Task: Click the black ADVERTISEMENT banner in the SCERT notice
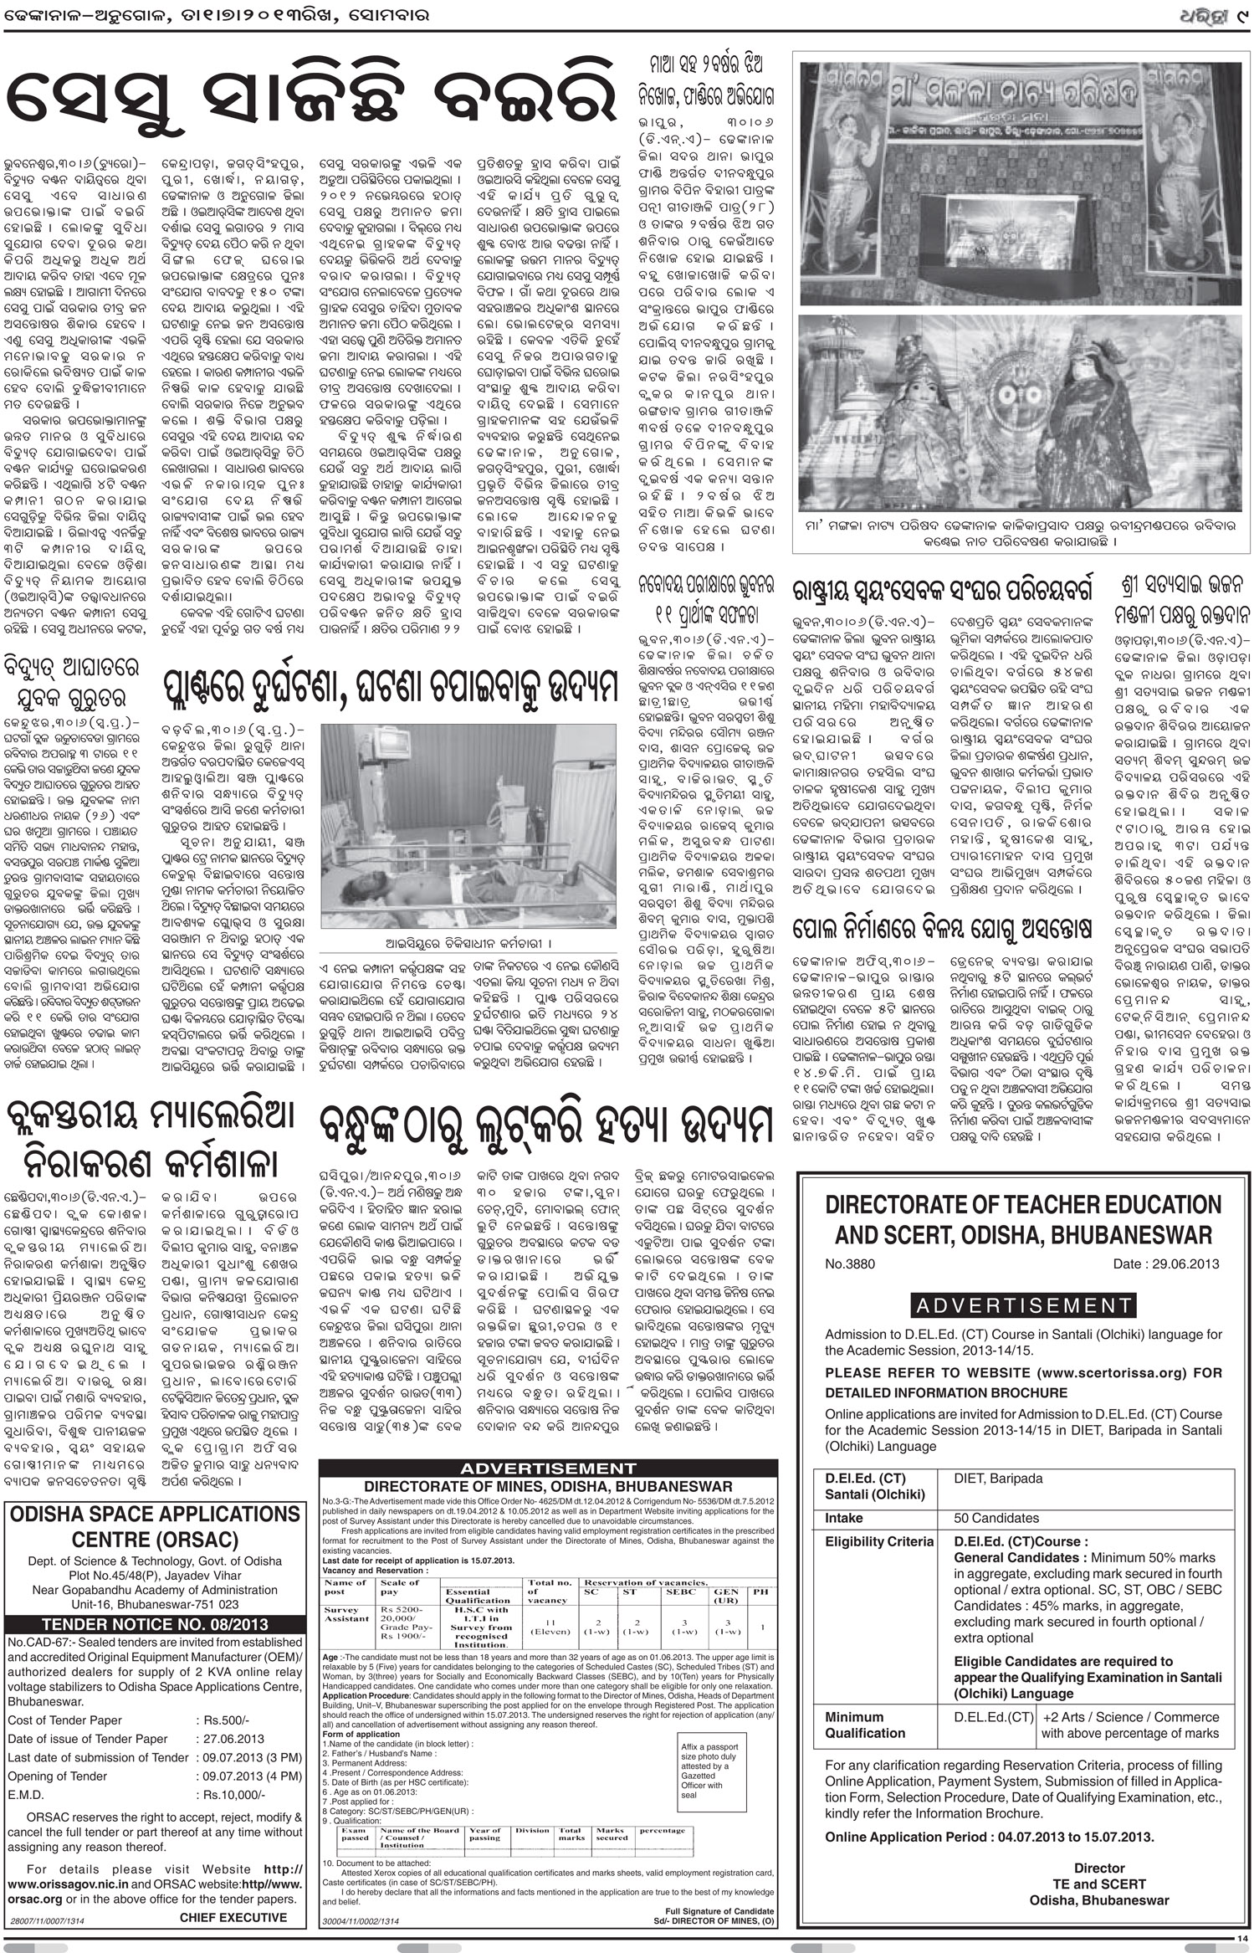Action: [x=1023, y=1305]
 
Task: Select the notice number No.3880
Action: [x=853, y=1264]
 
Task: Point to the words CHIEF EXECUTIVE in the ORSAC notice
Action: [x=233, y=1910]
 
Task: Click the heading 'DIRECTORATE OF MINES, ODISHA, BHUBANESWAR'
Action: [x=548, y=1486]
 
